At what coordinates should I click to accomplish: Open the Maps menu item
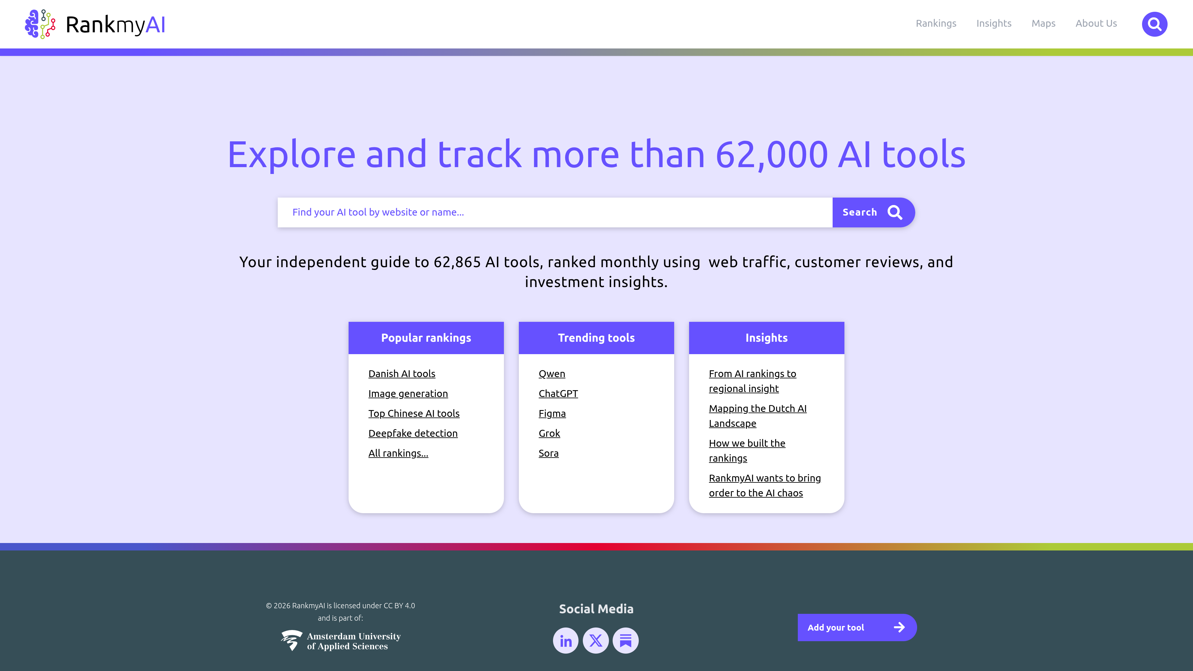(1044, 24)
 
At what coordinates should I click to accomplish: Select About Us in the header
(1096, 24)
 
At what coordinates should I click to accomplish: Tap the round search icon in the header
(1154, 24)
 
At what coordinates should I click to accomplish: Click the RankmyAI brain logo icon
(40, 24)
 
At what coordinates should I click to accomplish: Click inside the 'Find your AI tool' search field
(555, 212)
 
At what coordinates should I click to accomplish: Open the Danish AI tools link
(401, 374)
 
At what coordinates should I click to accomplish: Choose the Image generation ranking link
(408, 394)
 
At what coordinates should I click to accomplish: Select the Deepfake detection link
(413, 433)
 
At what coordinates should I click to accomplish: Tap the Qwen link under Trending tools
(551, 374)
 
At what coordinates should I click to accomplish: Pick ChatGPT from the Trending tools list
(558, 394)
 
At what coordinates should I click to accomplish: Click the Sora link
(548, 453)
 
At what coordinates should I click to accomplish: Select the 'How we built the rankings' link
(747, 450)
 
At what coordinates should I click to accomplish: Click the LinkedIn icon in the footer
(565, 641)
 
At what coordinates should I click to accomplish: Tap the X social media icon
(596, 641)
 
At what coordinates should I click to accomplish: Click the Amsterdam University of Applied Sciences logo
(341, 641)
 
